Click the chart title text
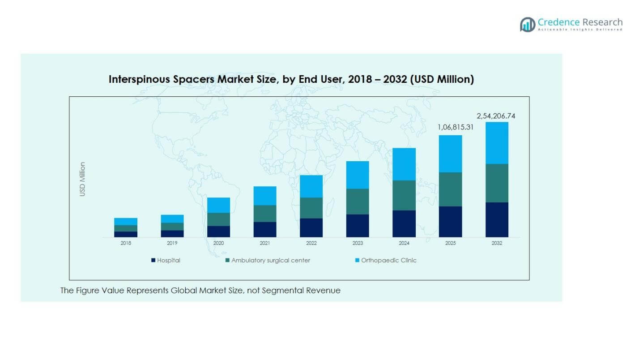(x=291, y=79)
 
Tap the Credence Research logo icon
(x=527, y=24)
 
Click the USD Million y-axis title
(x=82, y=179)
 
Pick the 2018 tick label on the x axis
(x=126, y=243)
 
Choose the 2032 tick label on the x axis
(x=497, y=243)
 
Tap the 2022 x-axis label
(x=311, y=243)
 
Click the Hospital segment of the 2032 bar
(x=497, y=219)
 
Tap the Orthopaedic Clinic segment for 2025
(x=450, y=154)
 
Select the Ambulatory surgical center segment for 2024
(x=404, y=195)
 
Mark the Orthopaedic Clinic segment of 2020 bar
(x=218, y=205)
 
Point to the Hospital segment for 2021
(x=265, y=229)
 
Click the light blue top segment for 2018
(x=126, y=222)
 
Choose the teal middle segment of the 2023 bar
(x=358, y=201)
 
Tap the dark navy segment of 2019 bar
(x=172, y=234)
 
